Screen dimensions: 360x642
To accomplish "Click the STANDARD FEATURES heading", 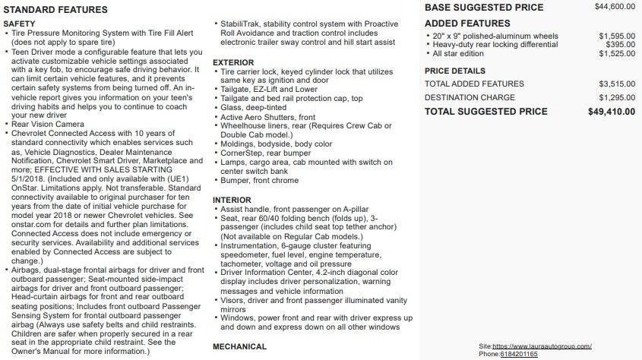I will pos(55,11).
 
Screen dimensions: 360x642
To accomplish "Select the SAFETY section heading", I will pos(20,24).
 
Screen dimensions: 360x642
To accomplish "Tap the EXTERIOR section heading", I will pos(233,62).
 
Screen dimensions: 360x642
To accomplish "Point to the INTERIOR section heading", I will pos(232,200).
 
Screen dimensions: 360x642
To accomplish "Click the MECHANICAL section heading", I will pos(239,346).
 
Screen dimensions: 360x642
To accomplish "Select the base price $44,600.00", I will pos(615,7).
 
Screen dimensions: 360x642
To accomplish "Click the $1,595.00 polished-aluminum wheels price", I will pos(617,36).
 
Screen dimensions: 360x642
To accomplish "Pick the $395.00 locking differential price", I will pos(621,45).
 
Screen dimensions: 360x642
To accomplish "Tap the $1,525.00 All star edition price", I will pos(617,54).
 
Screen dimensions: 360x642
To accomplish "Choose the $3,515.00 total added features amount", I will pos(617,84).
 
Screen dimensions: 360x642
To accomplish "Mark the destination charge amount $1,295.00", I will pos(617,97).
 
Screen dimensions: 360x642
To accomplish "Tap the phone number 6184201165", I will pos(519,354).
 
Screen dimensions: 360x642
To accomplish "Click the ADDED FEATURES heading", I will pos(467,24).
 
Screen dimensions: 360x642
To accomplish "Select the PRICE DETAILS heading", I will pos(455,71).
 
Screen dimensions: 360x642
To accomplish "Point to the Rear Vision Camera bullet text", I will pos(47,125).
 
